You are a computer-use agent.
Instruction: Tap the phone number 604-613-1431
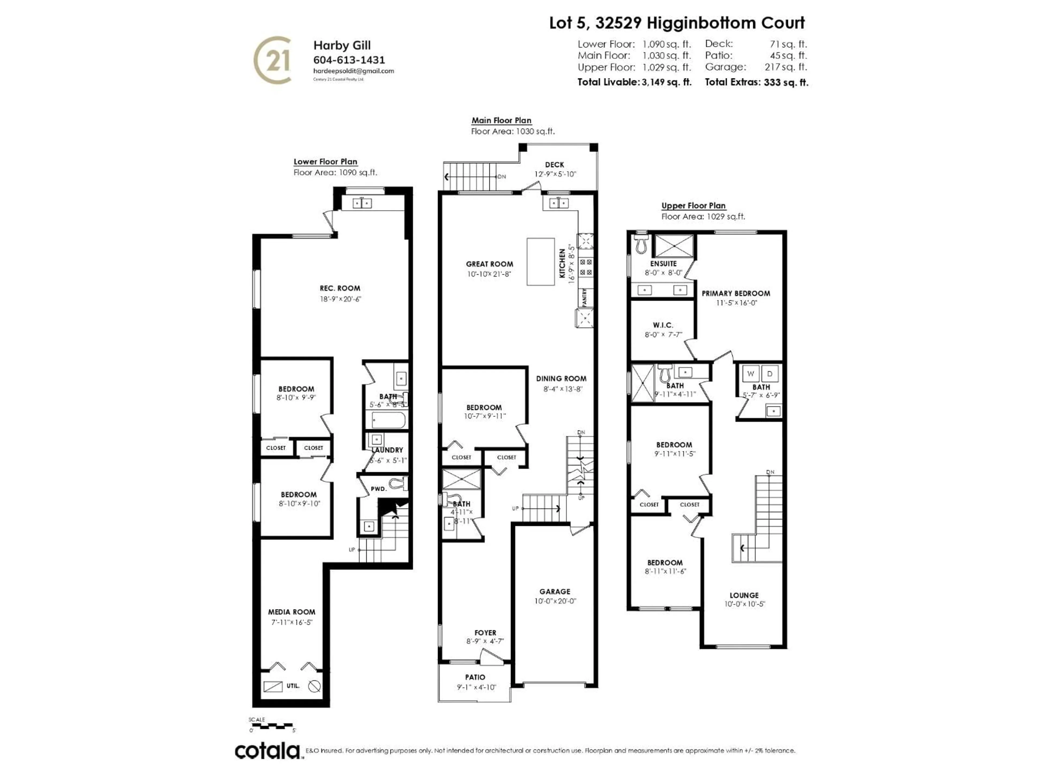[349, 60]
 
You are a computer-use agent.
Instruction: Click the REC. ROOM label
[340, 288]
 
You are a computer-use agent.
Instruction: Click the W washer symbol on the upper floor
[750, 374]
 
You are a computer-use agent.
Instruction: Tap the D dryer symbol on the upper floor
[770, 374]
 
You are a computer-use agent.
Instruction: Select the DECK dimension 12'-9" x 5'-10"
[555, 174]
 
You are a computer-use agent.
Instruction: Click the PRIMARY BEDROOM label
[736, 293]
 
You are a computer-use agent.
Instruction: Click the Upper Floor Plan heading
[693, 206]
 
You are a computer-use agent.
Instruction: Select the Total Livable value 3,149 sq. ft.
[666, 82]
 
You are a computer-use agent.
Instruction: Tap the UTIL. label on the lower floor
[293, 686]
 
